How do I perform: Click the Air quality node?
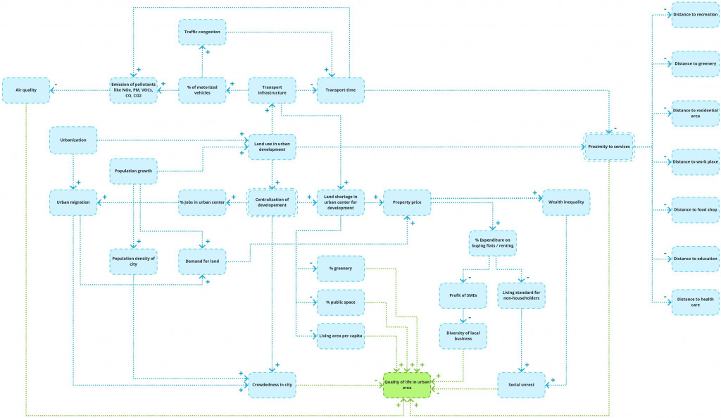(26, 90)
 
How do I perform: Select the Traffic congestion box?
(202, 32)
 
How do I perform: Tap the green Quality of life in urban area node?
(406, 385)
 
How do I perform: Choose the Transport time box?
(340, 90)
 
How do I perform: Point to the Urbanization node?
(73, 140)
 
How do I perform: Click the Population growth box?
(133, 171)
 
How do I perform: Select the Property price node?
(406, 202)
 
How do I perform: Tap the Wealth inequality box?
(566, 202)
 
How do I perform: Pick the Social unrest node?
(521, 385)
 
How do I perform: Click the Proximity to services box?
(608, 147)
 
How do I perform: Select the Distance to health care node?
(695, 302)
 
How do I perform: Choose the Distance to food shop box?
(695, 210)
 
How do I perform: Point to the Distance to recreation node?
(695, 14)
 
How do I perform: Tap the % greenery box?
(340, 269)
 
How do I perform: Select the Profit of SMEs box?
(463, 296)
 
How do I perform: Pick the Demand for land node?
(202, 262)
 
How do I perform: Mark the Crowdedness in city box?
(271, 385)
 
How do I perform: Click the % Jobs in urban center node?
(202, 202)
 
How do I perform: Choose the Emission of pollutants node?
(133, 90)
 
